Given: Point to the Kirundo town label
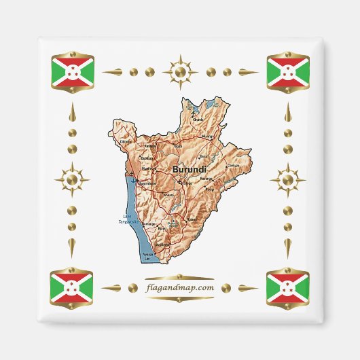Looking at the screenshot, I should pos(198,120).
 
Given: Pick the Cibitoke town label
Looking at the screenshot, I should pos(126,141).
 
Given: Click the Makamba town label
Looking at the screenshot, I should pos(162,244).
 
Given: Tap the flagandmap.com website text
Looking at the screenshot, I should pos(180,287).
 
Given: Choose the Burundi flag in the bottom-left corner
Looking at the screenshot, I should pos(75,288).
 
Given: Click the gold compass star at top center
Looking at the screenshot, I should pos(180,71).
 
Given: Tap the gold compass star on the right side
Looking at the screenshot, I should pos(287,180).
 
